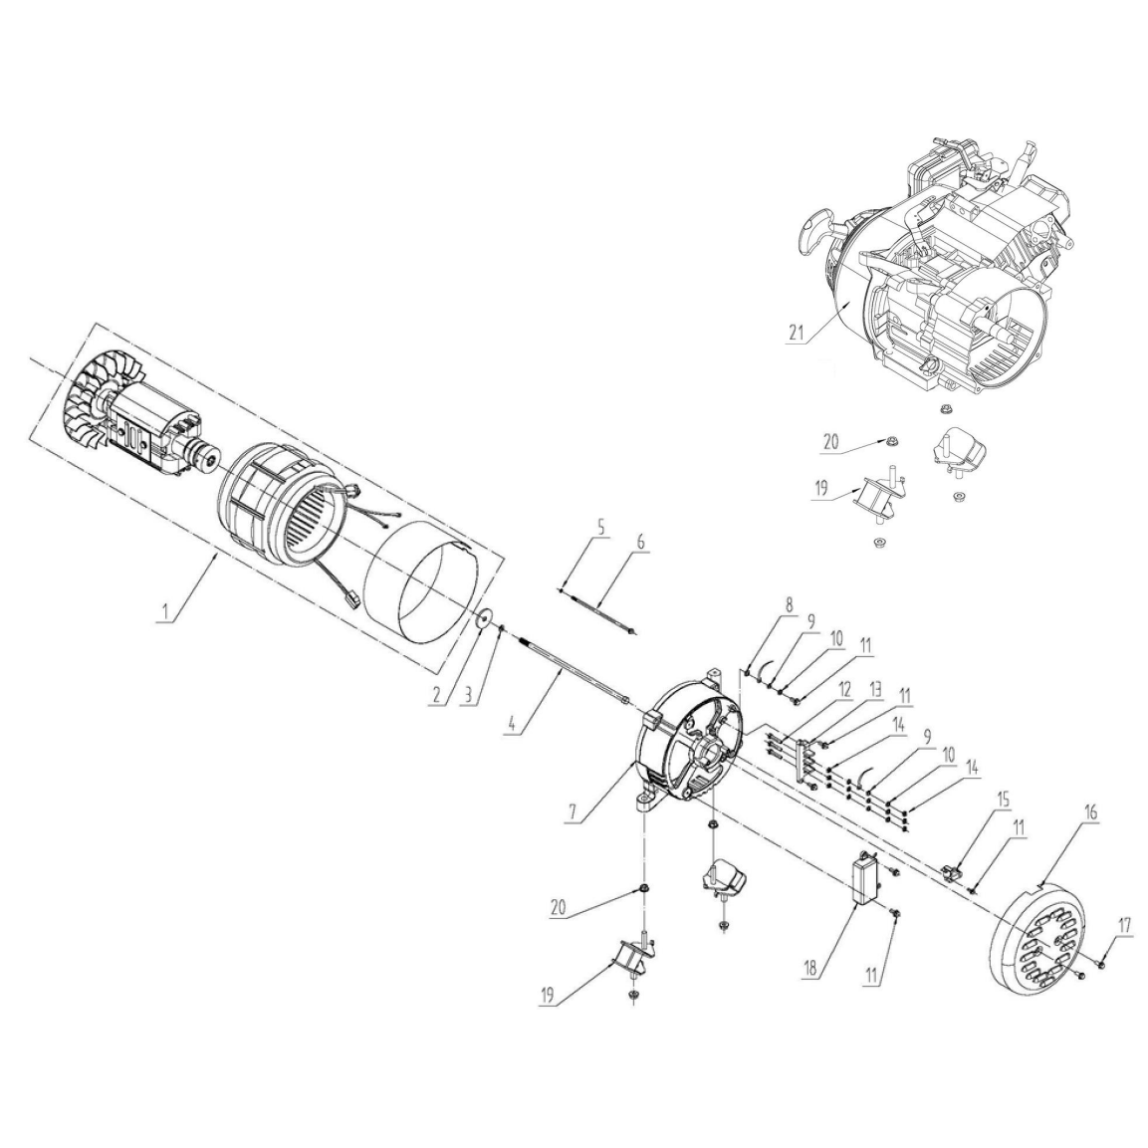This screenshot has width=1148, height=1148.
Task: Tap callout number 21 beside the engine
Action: pyautogui.click(x=796, y=332)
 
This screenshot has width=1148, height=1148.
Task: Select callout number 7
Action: pyautogui.click(x=574, y=814)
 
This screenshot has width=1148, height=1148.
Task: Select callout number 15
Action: pyautogui.click(x=1002, y=800)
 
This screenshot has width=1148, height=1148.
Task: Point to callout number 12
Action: pyautogui.click(x=844, y=689)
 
